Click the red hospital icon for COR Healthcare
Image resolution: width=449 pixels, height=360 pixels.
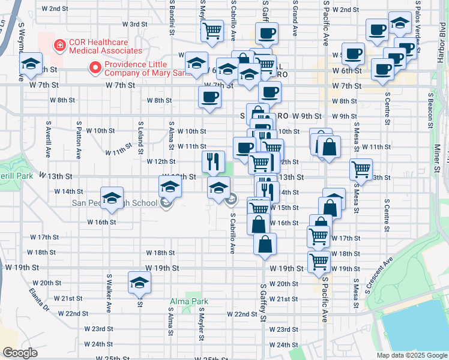click(x=59, y=44)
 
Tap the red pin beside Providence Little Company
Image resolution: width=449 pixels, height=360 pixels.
click(x=94, y=68)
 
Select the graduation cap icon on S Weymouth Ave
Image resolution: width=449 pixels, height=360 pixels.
click(x=31, y=64)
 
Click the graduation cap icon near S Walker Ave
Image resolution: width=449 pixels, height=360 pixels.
click(x=139, y=282)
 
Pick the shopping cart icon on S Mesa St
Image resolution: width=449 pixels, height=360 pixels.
click(x=361, y=169)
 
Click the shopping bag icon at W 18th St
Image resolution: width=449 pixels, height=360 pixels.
click(x=265, y=244)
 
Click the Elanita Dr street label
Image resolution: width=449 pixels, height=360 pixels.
click(x=38, y=299)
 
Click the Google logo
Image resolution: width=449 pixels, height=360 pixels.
click(x=20, y=353)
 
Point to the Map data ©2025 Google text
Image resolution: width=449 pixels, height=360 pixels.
click(x=412, y=355)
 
